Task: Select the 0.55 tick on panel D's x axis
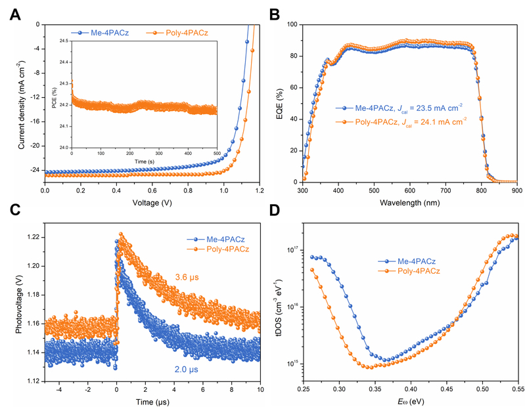(x=518, y=389)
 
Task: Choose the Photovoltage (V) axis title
(x=17, y=302)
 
